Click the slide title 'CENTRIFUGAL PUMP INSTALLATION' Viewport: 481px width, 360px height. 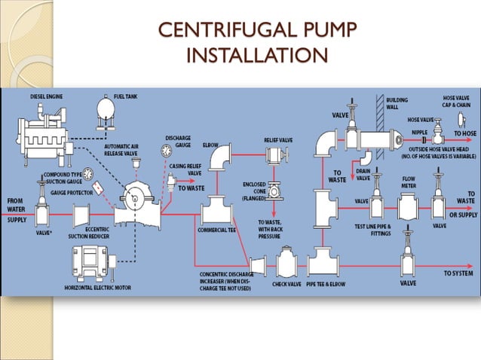[256, 43]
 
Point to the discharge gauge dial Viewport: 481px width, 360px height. [166, 151]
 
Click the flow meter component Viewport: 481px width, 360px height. [409, 204]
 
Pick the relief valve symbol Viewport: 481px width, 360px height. [274, 155]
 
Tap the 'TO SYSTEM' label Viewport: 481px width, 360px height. [458, 273]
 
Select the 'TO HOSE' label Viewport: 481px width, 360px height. [464, 133]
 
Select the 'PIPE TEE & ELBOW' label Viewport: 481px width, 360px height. [326, 283]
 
